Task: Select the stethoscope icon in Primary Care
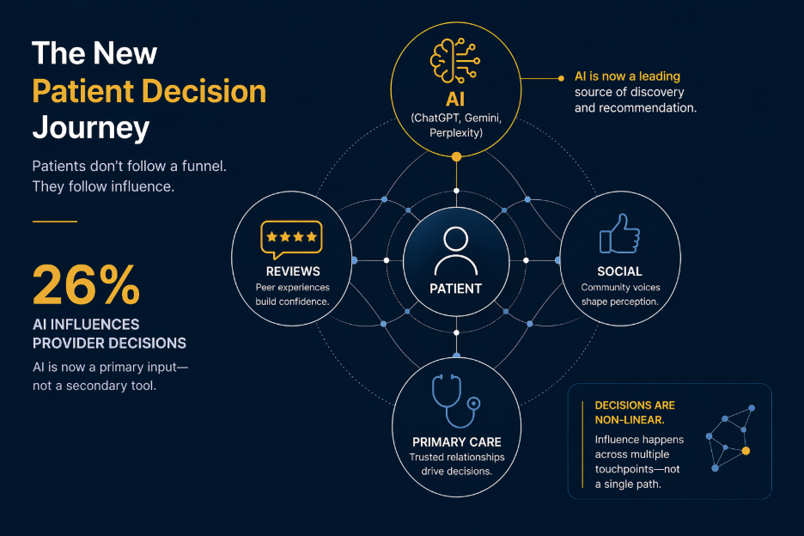pyautogui.click(x=456, y=400)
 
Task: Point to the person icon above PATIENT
pyautogui.click(x=455, y=250)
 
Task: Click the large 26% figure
pyautogui.click(x=86, y=284)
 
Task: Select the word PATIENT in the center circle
pyautogui.click(x=455, y=289)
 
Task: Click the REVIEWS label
pyautogui.click(x=292, y=271)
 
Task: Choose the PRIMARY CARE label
pyautogui.click(x=456, y=442)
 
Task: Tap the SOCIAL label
pyautogui.click(x=619, y=271)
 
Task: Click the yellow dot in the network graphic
pyautogui.click(x=746, y=450)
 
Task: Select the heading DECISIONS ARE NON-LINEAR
pyautogui.click(x=634, y=412)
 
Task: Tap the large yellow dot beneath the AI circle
pyautogui.click(x=456, y=156)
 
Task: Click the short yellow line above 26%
pyautogui.click(x=54, y=222)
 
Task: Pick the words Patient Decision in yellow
pyautogui.click(x=149, y=91)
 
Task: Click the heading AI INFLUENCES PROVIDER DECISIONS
pyautogui.click(x=109, y=333)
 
